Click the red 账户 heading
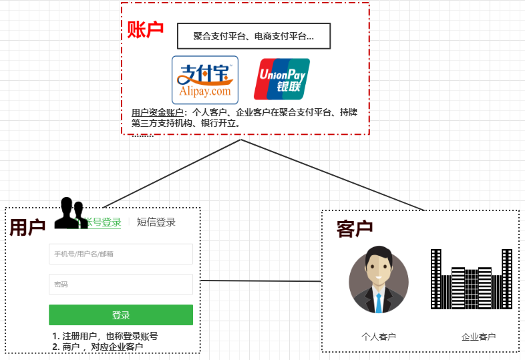coord(146,30)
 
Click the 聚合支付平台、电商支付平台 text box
coord(254,36)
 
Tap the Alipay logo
coord(205,80)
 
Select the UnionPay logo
coord(281,80)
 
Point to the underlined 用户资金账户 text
coord(158,112)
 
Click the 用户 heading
coord(27,228)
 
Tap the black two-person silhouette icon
coord(69,213)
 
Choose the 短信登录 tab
coord(156,222)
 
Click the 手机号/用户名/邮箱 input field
coord(121,254)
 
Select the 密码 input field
coord(121,285)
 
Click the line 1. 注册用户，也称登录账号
coord(105,336)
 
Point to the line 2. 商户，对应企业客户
coord(98,347)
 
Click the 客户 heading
coord(355,229)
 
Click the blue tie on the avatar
coord(379,302)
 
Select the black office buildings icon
coord(472,280)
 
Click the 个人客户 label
coord(379,337)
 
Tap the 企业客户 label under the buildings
coord(478,337)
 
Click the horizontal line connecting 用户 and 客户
coord(260,281)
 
